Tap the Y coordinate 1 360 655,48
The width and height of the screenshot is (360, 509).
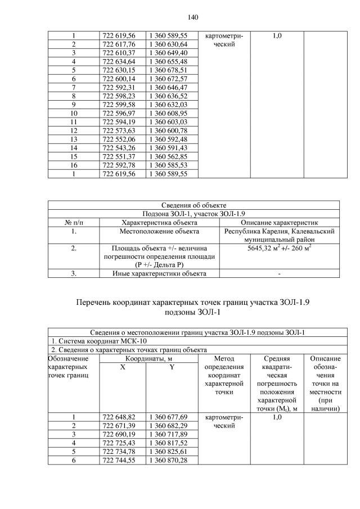click(x=168, y=61)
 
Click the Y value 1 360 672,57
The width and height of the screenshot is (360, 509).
click(x=168, y=79)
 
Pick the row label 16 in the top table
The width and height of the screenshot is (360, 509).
click(x=73, y=165)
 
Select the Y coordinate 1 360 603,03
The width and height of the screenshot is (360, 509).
click(x=168, y=122)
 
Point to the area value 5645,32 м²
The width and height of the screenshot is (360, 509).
click(x=259, y=247)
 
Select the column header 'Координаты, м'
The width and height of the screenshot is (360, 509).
click(x=148, y=358)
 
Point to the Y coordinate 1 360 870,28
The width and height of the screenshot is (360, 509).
click(x=168, y=461)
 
